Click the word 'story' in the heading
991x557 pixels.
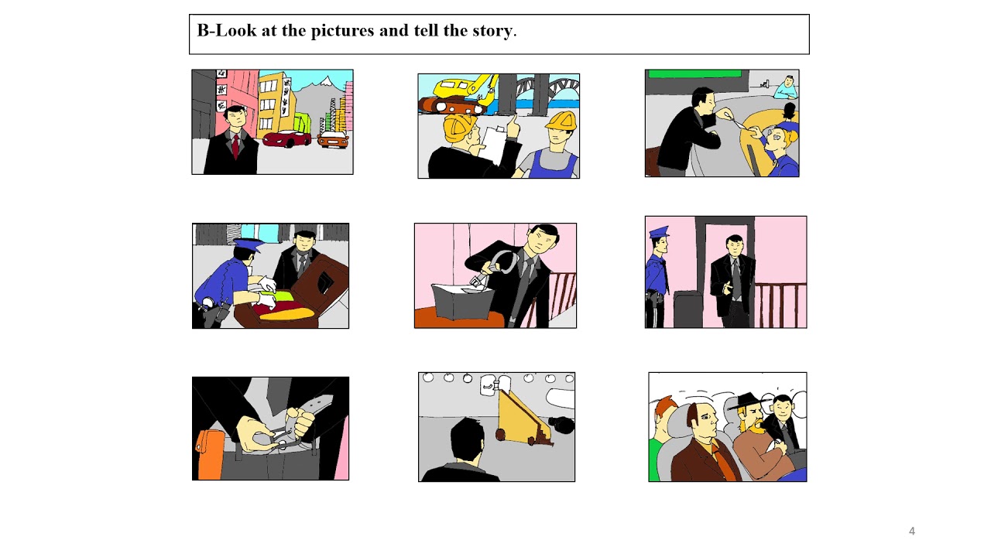click(492, 31)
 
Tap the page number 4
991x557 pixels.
click(911, 531)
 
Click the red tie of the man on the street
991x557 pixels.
click(235, 145)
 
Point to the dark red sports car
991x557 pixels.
click(286, 138)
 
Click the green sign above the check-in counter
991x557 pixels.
click(694, 74)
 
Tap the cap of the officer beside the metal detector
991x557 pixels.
click(658, 231)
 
